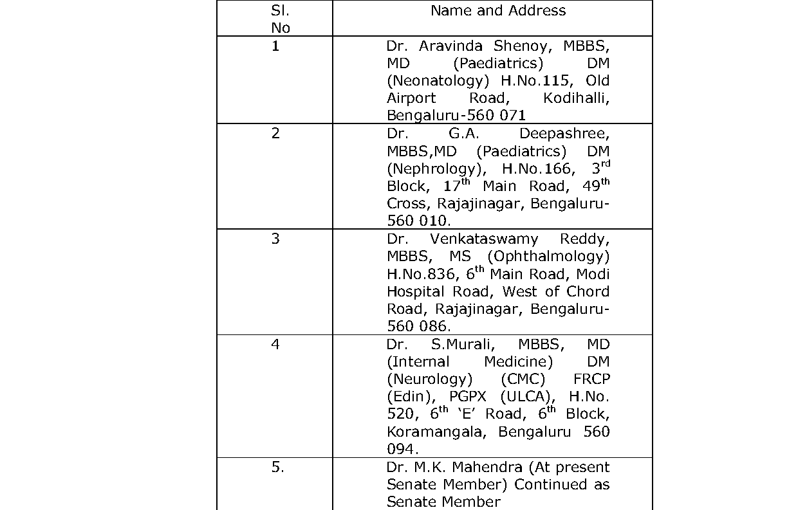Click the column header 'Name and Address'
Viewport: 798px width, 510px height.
pyautogui.click(x=498, y=11)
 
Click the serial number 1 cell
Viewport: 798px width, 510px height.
pyautogui.click(x=275, y=47)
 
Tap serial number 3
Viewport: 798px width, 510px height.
pyautogui.click(x=275, y=239)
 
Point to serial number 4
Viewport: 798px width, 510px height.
pyautogui.click(x=275, y=345)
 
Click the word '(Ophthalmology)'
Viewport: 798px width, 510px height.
pyautogui.click(x=548, y=257)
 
